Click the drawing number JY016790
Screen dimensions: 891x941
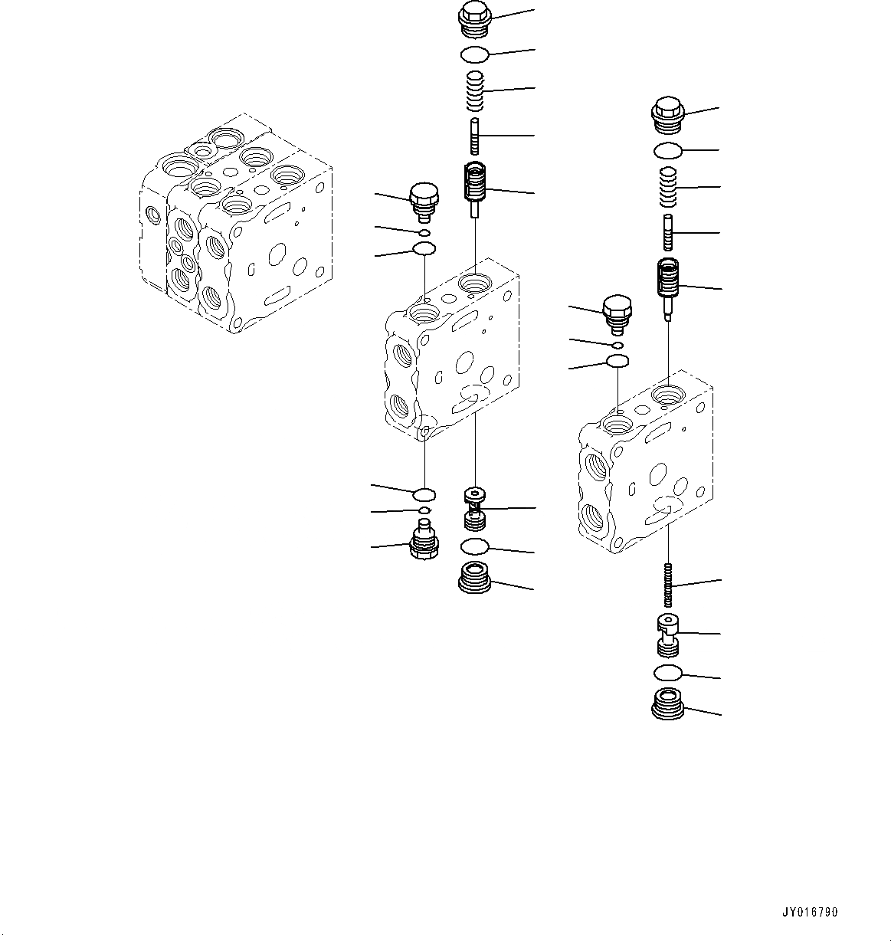(x=810, y=912)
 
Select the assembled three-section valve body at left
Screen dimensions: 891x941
(x=236, y=224)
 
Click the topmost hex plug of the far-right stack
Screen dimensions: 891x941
(x=668, y=116)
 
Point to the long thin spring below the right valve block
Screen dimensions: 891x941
(x=669, y=585)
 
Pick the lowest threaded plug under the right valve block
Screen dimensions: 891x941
(x=669, y=717)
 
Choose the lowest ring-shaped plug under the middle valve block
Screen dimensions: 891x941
(x=475, y=578)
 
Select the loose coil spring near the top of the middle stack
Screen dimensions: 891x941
(x=475, y=90)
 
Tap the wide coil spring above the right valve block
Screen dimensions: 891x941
(x=668, y=187)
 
